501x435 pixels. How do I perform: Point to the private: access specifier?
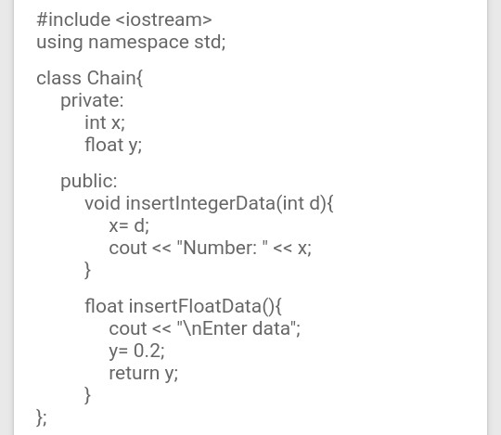point(92,100)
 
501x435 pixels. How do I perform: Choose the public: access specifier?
point(89,181)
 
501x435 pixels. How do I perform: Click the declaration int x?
point(104,122)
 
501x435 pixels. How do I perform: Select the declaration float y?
point(112,145)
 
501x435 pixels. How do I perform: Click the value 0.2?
point(148,351)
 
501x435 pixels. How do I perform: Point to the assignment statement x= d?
point(128,225)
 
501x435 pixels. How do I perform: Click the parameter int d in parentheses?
point(302,203)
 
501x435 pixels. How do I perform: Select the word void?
point(102,203)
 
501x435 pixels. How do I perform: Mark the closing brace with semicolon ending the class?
point(41,417)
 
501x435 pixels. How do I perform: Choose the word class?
point(58,78)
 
